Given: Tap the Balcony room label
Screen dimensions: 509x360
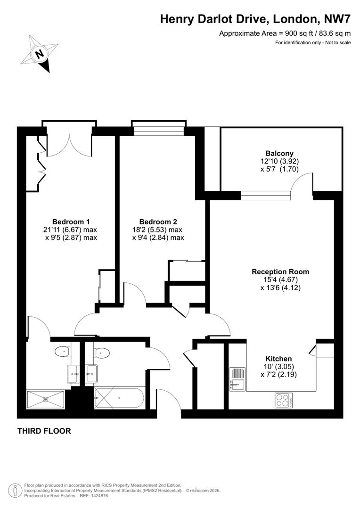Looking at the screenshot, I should click(279, 153).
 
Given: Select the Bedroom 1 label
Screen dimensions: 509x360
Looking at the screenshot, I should click(71, 222).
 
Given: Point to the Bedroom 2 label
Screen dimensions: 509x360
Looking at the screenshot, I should click(158, 222).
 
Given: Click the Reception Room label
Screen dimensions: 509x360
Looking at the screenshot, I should click(280, 271).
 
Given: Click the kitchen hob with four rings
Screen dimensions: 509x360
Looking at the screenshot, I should click(284, 401).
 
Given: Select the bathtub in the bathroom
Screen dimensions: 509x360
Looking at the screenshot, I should click(119, 398).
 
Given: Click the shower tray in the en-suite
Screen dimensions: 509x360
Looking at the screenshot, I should click(46, 400).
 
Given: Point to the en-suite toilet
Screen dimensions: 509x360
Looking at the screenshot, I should click(62, 351).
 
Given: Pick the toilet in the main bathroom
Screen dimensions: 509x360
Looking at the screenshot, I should click(102, 352).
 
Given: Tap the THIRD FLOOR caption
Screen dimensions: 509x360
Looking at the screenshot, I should click(44, 431).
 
